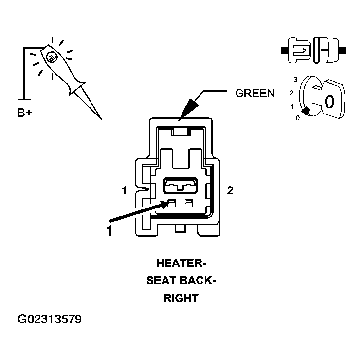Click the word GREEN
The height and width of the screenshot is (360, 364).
click(255, 93)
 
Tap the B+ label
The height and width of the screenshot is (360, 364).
click(25, 113)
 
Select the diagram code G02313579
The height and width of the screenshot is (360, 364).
click(50, 319)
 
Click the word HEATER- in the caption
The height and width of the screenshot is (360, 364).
click(181, 263)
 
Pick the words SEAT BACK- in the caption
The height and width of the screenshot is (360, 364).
click(181, 281)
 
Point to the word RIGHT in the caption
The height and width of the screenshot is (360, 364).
click(181, 298)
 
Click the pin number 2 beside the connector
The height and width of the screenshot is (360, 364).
click(230, 190)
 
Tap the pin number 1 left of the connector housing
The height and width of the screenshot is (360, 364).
click(125, 190)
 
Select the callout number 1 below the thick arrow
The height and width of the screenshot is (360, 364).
click(109, 231)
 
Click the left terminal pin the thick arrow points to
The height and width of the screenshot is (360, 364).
click(172, 203)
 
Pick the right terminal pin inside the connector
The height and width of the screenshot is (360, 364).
click(189, 203)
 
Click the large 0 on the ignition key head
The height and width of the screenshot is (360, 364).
click(329, 101)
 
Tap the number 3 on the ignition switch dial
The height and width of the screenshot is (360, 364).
click(295, 80)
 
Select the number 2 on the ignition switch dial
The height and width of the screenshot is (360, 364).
click(291, 93)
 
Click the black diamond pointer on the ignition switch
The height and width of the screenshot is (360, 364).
click(306, 111)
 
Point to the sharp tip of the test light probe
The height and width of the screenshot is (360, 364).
click(102, 120)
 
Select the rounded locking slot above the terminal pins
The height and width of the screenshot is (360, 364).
click(181, 186)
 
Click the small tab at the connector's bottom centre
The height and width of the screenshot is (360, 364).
click(180, 228)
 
